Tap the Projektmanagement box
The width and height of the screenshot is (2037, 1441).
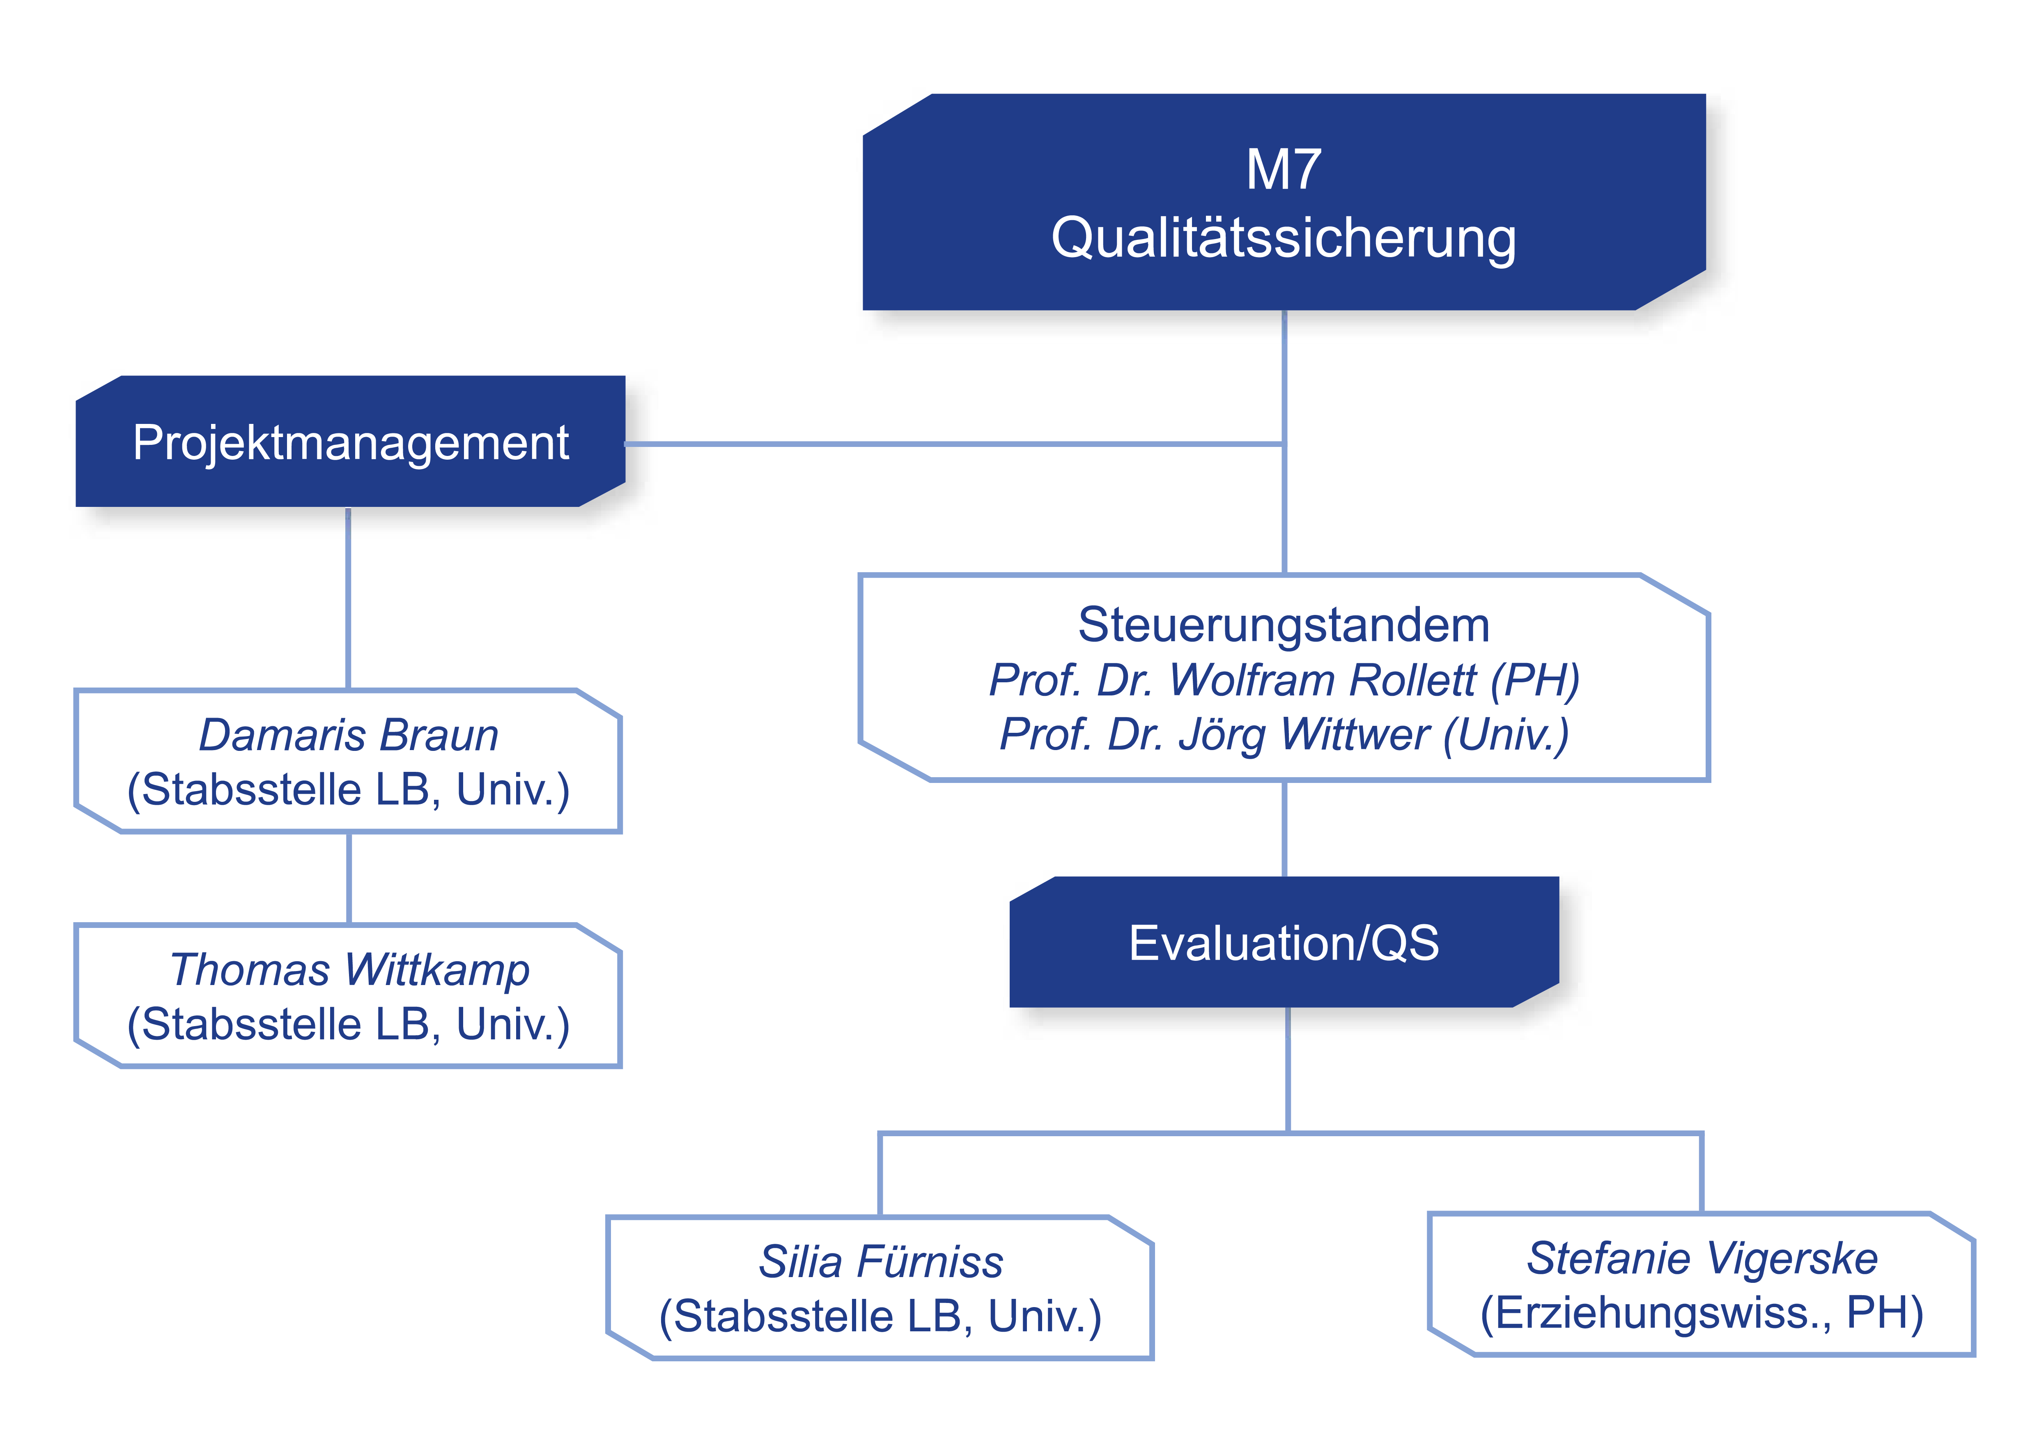coord(350,442)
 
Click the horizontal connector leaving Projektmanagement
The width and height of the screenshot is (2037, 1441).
coord(954,444)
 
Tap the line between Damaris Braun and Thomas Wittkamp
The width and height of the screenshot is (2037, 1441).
coord(349,878)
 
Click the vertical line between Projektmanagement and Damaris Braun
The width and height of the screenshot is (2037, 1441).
coord(348,599)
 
